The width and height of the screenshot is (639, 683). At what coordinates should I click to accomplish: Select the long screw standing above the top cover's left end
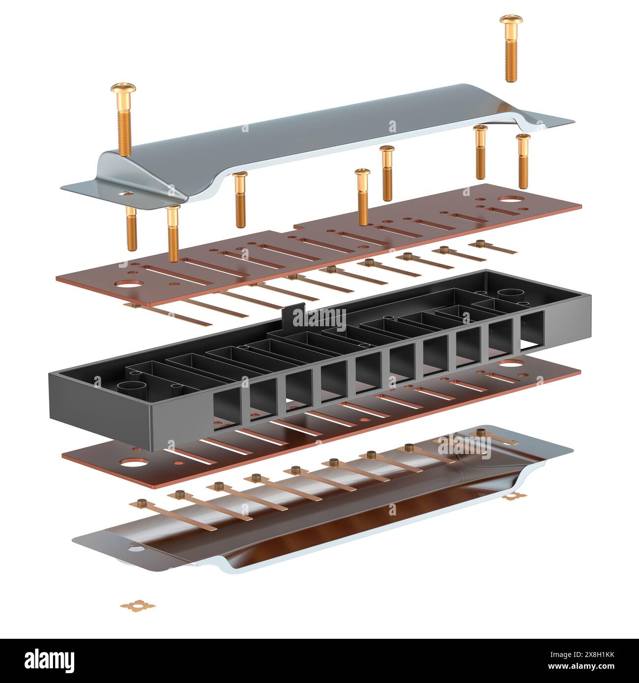pos(123,118)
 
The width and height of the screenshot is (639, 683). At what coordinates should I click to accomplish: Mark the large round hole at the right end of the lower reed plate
pos(511,364)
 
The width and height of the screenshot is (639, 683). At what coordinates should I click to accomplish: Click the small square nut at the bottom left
pos(138,605)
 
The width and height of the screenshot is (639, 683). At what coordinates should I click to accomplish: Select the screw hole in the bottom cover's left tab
pos(135,547)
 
